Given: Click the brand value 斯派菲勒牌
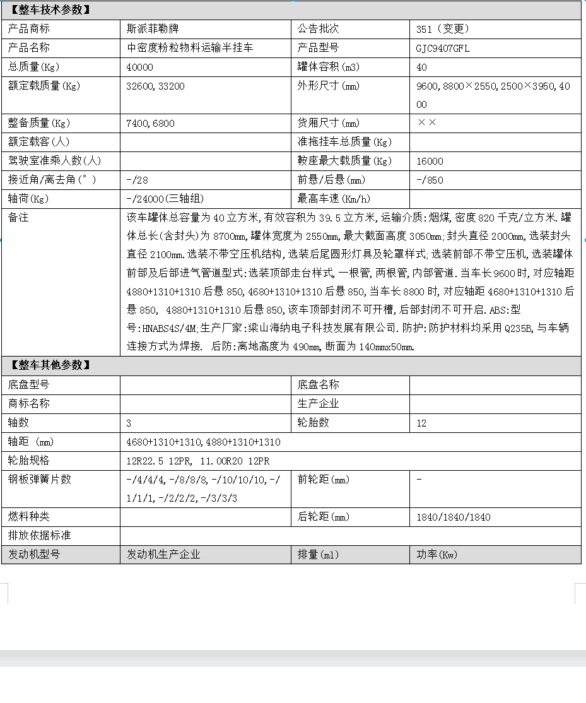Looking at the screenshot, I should (x=151, y=29).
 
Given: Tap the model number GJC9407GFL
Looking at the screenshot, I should (x=443, y=48).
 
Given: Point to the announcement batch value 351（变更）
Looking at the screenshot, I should (x=443, y=29).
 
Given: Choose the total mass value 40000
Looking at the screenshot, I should (x=139, y=67).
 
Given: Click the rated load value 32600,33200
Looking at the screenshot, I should (x=155, y=86).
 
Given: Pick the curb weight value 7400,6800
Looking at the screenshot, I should (x=150, y=124).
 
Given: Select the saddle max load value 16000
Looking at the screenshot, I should (x=430, y=162).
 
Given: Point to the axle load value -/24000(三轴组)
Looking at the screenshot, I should (x=165, y=199).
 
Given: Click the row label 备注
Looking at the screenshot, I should (x=18, y=218).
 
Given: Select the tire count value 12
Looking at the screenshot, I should (x=421, y=423).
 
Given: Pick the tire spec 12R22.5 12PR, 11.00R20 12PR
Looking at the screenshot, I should (x=197, y=461).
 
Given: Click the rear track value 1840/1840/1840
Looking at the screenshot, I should (x=453, y=517).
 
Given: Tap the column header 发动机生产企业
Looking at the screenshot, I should (x=163, y=555).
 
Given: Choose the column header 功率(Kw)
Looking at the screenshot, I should (x=436, y=555).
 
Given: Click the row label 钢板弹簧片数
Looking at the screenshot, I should (x=40, y=480).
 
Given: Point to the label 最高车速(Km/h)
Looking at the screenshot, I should (x=334, y=199).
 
